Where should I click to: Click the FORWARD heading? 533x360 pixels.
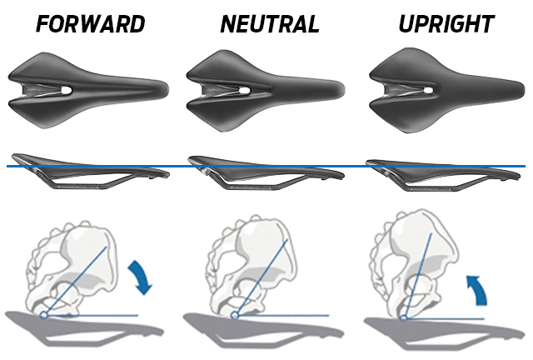coord(91,24)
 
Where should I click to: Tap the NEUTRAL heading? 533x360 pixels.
coord(270,24)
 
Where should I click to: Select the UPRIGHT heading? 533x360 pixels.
coord(446,24)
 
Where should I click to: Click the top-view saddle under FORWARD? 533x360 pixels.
coord(87,91)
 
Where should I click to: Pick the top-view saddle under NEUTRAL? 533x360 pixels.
coord(265,91)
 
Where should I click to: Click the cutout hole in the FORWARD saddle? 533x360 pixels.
coord(66,90)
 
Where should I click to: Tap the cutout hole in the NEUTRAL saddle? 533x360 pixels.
coord(244,91)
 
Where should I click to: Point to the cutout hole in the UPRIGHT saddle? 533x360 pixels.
coord(427,91)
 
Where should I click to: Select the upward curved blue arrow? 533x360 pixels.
coord(476,289)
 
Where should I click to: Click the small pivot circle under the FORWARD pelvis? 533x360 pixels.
coord(43,316)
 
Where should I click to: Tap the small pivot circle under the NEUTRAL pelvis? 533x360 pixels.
coord(234,316)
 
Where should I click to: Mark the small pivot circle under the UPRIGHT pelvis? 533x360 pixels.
coord(403,318)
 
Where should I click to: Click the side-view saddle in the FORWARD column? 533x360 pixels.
coord(90,171)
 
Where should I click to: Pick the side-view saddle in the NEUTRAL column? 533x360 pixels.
coord(266,172)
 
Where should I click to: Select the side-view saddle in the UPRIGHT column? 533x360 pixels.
coord(442,175)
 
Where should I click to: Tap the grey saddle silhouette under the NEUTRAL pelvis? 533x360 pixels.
coord(262,329)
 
